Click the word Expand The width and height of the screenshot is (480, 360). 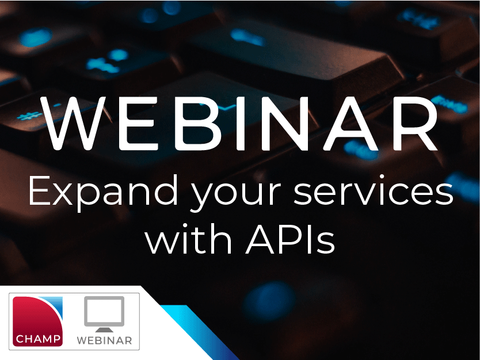(101, 193)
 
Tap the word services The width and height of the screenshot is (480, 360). (374, 193)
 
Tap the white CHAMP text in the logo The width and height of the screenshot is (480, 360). (38, 339)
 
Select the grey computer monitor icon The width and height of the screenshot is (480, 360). (104, 314)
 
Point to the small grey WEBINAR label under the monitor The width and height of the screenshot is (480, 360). (104, 340)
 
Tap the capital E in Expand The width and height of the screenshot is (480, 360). (38, 192)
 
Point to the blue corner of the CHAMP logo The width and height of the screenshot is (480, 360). (55, 305)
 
